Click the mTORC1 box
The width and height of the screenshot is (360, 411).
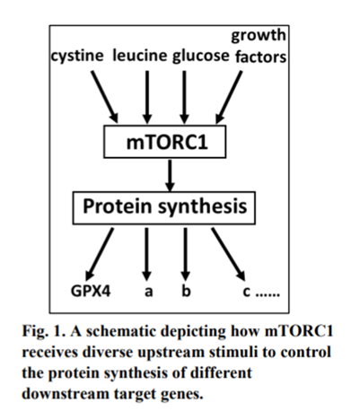click(164, 142)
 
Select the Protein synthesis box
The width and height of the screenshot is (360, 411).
click(164, 208)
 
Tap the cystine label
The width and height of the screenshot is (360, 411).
click(77, 57)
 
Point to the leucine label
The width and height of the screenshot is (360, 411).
click(140, 56)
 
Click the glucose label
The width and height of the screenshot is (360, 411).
click(200, 57)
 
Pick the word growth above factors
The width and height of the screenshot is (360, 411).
click(259, 36)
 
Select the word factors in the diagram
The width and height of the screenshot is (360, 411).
click(260, 57)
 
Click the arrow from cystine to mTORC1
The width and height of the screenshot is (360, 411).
click(105, 97)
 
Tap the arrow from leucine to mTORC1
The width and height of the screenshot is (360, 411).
click(147, 97)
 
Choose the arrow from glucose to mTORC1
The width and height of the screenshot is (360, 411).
click(184, 97)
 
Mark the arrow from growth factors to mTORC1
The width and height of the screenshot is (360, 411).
click(229, 97)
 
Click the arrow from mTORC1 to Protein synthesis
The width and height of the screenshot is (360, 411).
click(170, 176)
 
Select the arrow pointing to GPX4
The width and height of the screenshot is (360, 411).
click(100, 254)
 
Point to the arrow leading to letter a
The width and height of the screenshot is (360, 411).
click(146, 254)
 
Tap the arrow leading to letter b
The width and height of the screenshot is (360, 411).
click(186, 254)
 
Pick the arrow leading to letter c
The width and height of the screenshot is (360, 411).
click(228, 254)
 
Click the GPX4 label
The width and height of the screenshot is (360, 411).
click(91, 291)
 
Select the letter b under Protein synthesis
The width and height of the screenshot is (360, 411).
click(186, 290)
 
